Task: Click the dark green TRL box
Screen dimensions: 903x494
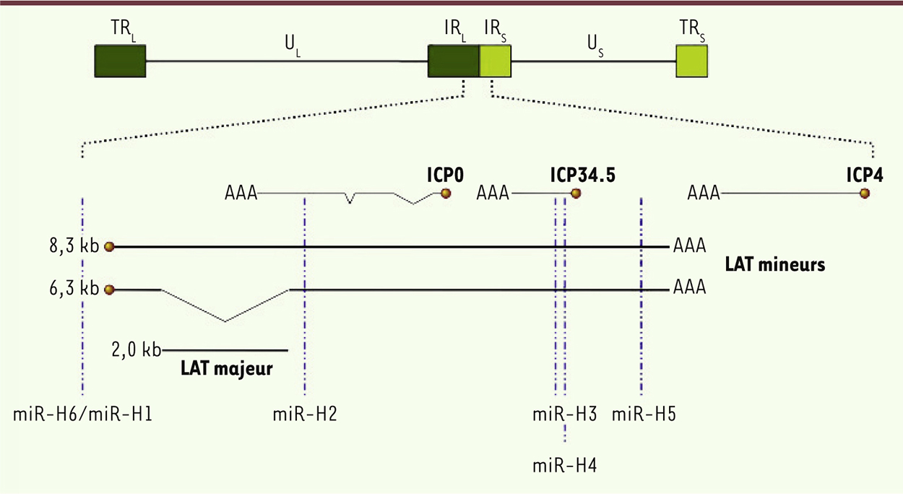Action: tap(120, 61)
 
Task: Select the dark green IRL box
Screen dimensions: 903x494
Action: tap(454, 61)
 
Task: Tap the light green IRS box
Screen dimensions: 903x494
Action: tap(496, 61)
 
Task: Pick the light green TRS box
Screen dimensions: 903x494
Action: tap(692, 61)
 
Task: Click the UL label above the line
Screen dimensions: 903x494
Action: tap(293, 45)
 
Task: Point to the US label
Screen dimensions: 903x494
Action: tap(595, 45)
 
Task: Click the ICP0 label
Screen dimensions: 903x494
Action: tap(446, 175)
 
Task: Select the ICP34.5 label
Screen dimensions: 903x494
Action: tap(583, 175)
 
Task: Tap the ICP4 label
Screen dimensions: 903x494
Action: tap(865, 175)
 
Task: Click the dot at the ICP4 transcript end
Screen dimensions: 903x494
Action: tap(864, 194)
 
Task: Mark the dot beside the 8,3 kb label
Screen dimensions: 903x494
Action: tap(109, 246)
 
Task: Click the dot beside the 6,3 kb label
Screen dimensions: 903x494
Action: tap(109, 290)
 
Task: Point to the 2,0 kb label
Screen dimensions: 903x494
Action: tap(137, 350)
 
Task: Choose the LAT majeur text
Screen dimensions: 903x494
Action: tap(227, 368)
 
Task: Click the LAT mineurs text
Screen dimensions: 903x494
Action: tap(775, 265)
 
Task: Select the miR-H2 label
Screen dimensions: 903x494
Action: tap(305, 415)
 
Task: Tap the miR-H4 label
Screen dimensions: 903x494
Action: tap(564, 466)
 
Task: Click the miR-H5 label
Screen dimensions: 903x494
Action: tap(644, 415)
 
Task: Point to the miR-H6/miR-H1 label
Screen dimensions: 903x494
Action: tap(82, 415)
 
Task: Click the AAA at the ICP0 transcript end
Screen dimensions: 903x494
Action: tap(241, 193)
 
